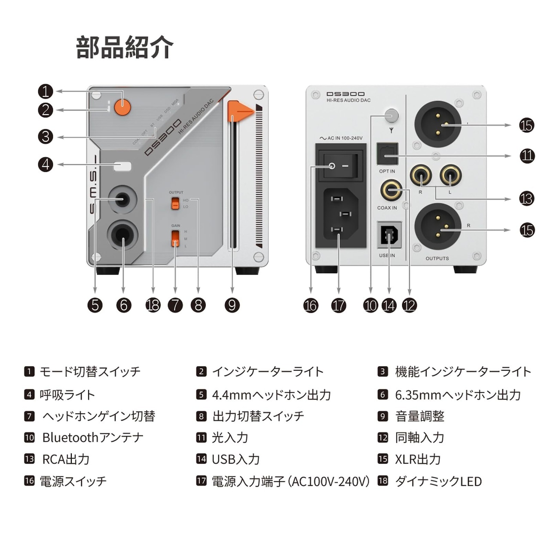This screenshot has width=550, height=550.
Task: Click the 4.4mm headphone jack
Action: tap(122, 200)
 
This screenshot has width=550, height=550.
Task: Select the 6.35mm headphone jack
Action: tap(122, 234)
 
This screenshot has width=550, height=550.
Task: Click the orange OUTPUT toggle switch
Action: tap(175, 203)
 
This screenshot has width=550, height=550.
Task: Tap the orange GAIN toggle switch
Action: tap(175, 238)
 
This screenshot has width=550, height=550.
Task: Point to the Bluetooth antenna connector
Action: tap(391, 115)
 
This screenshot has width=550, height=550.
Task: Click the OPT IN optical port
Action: tap(388, 154)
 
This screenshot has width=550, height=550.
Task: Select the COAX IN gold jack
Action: tap(391, 190)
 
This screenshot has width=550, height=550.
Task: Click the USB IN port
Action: tap(389, 235)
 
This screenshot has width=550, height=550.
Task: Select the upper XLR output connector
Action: tap(437, 124)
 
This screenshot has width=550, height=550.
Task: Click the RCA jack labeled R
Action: tap(421, 176)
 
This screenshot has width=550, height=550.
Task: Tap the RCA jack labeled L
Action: tap(450, 176)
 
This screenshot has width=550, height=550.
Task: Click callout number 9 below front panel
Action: tap(232, 305)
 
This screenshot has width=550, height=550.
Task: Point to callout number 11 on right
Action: tap(527, 156)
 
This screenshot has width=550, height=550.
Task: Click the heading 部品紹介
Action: tap(125, 47)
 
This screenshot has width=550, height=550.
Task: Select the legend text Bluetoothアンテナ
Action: tap(93, 437)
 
